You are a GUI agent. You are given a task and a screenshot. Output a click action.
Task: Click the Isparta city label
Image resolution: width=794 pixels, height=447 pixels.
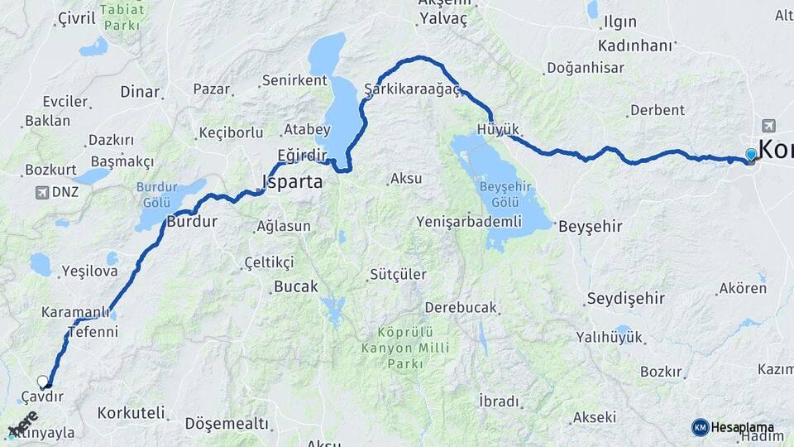click(x=292, y=181)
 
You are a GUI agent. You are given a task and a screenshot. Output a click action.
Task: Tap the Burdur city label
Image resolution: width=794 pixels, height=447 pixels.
click(x=191, y=221)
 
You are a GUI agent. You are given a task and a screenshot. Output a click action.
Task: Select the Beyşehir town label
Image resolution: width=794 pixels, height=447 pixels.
click(x=590, y=226)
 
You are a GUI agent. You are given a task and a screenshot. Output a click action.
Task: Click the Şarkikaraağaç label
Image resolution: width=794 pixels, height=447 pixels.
click(x=411, y=89)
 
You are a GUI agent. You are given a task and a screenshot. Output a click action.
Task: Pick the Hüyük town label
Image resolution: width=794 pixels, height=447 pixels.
click(x=498, y=129)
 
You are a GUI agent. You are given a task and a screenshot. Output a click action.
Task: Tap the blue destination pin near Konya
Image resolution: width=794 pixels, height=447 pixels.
click(x=750, y=154)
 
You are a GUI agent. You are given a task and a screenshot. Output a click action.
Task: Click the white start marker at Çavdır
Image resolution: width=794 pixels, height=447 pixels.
click(x=43, y=382)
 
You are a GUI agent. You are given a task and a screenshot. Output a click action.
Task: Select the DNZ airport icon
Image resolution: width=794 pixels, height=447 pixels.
click(x=42, y=192)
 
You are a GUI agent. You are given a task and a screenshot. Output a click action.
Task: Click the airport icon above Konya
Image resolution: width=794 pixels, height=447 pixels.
click(x=768, y=125)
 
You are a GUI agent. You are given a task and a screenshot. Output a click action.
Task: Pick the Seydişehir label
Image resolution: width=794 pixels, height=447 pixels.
click(x=626, y=298)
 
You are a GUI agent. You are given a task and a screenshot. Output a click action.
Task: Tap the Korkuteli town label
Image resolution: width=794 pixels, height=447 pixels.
click(x=131, y=412)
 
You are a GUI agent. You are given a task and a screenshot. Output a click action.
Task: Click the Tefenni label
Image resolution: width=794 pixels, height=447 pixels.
click(x=93, y=332)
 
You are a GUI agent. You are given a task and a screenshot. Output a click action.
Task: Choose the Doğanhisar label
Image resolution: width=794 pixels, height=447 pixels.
click(x=585, y=68)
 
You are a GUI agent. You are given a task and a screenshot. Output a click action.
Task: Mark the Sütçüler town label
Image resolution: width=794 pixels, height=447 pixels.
click(x=398, y=274)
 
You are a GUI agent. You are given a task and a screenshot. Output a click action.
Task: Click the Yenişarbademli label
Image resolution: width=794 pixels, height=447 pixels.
click(x=468, y=221)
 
